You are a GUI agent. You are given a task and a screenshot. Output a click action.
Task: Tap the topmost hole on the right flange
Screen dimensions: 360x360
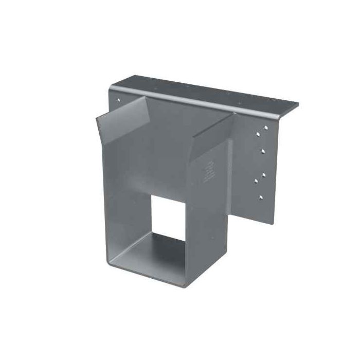tap(267, 126)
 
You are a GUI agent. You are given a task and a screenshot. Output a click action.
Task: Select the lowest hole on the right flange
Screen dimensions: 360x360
tap(260, 197)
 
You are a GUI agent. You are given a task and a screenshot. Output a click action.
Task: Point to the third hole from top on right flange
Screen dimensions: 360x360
tap(264, 151)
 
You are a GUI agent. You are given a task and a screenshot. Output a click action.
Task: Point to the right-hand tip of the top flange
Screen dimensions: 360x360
tap(298, 106)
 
